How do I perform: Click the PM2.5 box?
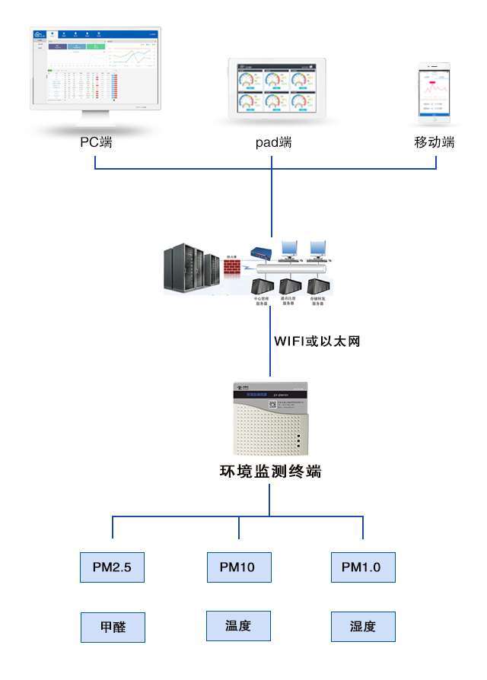[112, 567]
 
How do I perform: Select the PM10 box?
[238, 567]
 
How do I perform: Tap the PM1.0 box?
[362, 567]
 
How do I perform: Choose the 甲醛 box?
[113, 628]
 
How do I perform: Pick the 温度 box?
[238, 626]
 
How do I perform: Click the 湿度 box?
[363, 627]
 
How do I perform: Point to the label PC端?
[97, 142]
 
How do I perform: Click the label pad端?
[273, 142]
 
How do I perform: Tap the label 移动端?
[434, 142]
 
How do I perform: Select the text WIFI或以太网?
[317, 341]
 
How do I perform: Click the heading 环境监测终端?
[270, 472]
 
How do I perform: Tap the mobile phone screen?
[434, 94]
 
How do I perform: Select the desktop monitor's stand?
[97, 120]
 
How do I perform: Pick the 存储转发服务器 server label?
[317, 302]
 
